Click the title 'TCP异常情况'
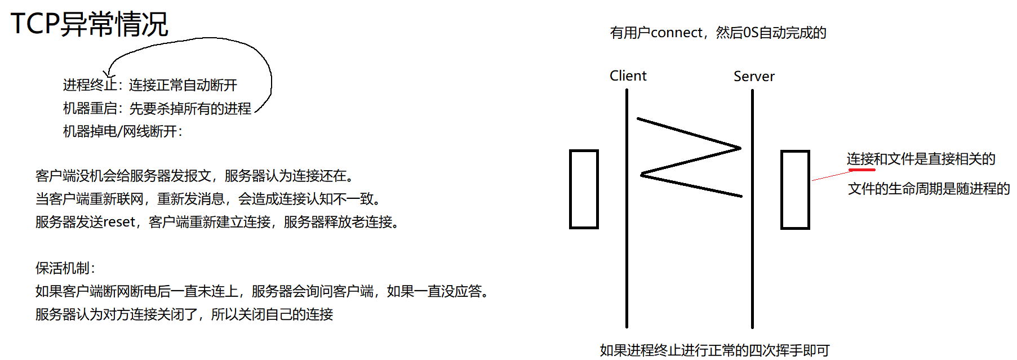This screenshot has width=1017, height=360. (x=89, y=24)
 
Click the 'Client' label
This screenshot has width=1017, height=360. (x=628, y=76)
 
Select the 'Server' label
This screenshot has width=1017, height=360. (x=754, y=77)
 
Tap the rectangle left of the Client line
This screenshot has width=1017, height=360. (x=584, y=189)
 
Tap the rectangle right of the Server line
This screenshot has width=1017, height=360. (x=795, y=190)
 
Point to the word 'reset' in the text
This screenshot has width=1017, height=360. (x=119, y=222)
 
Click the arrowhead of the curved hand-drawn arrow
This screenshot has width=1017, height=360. (x=109, y=73)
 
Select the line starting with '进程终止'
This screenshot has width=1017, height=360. (x=150, y=85)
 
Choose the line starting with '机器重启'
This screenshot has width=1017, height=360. (x=157, y=108)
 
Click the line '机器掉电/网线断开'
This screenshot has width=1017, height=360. (x=122, y=131)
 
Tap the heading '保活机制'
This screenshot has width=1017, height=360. (x=65, y=268)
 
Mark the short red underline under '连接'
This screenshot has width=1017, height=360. (x=861, y=170)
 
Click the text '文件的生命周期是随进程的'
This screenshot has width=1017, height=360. (x=929, y=189)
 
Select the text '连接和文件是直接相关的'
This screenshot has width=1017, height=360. (x=921, y=159)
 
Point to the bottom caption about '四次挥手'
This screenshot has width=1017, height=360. (x=714, y=350)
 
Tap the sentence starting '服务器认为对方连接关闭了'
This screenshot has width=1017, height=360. (x=184, y=314)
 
